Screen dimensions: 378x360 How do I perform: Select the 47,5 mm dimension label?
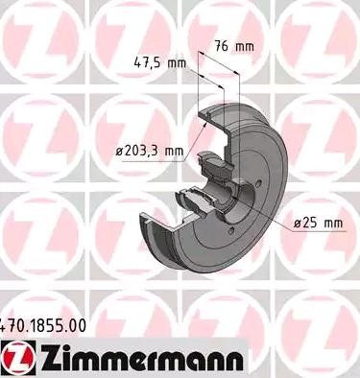(x=159, y=63)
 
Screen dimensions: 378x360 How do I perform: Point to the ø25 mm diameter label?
(x=317, y=223)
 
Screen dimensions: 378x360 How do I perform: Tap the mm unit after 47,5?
(x=177, y=63)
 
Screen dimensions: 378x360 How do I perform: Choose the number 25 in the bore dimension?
(x=311, y=223)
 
